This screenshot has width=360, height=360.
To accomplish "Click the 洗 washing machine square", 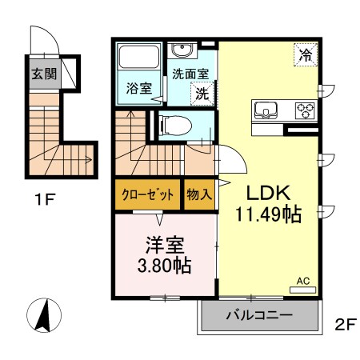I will point(202,92).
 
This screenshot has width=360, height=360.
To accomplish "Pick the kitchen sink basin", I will point(266,109).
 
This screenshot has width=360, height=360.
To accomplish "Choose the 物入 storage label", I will point(199,194).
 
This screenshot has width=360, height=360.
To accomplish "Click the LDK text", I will point(266,194).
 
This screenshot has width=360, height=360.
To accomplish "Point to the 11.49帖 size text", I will point(266,215).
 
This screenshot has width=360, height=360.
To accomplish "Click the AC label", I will point(303,281).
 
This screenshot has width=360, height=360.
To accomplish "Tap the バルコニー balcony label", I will point(258,317).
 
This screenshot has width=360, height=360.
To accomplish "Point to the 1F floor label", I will point(43,199).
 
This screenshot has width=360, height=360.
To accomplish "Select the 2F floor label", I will point(344,324).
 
